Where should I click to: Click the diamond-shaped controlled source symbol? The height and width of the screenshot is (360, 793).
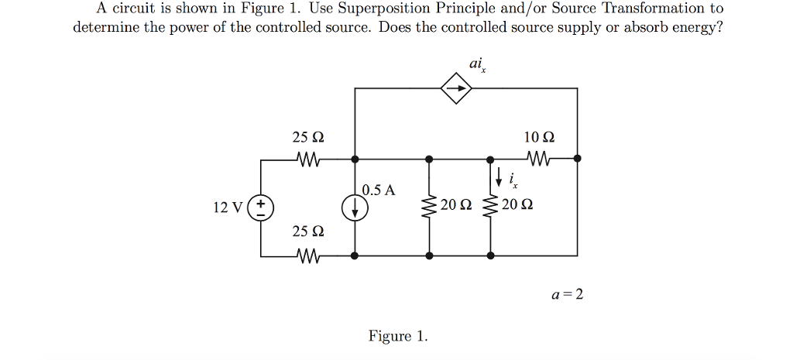(x=456, y=89)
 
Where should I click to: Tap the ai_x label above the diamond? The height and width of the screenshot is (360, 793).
(x=478, y=64)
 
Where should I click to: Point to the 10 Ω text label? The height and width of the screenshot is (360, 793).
(x=539, y=137)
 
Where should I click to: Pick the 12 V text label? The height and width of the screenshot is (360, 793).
(x=227, y=207)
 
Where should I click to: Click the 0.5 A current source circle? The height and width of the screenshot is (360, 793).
(x=355, y=207)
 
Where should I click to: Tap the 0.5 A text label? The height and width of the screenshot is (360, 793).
(x=379, y=190)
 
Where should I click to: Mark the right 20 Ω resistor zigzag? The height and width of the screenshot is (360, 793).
(x=490, y=207)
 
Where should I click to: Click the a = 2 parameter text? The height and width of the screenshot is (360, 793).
(x=568, y=294)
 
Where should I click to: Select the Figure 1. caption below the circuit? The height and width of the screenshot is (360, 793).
(x=397, y=336)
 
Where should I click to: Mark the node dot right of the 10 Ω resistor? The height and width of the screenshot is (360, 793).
(x=577, y=158)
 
